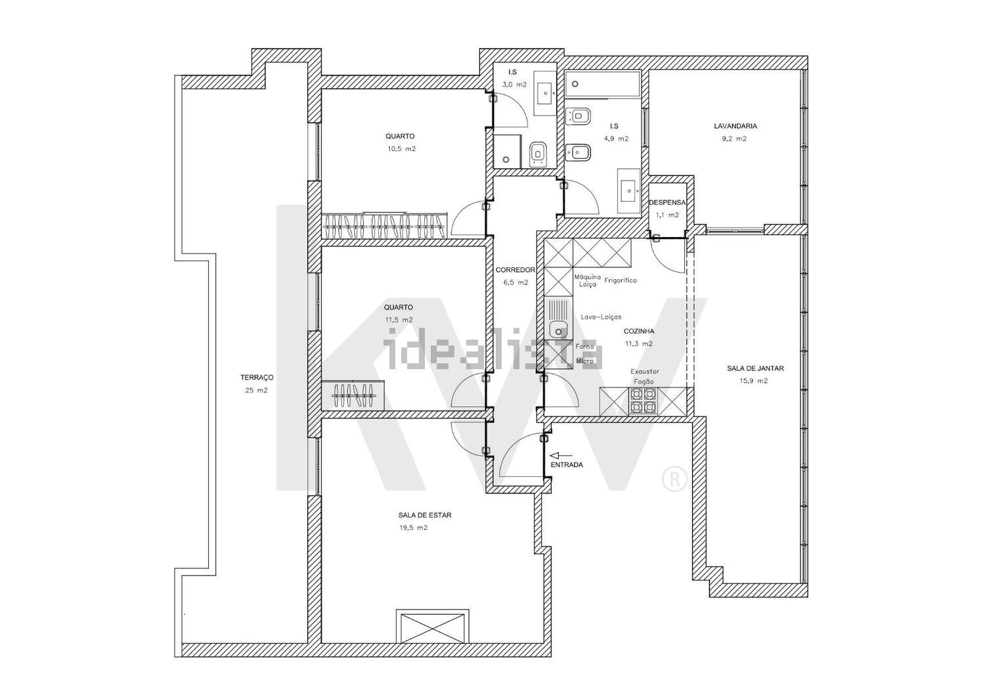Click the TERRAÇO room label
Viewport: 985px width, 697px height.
coord(257,378)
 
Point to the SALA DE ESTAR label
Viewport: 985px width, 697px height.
coord(425,515)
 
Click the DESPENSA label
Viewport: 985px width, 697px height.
coord(667,202)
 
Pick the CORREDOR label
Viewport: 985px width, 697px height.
coord(515,270)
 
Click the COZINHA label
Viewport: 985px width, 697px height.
coord(639,331)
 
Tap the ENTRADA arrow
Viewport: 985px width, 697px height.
coord(561,456)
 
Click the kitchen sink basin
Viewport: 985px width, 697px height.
coord(559,328)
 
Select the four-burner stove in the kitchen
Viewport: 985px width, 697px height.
coord(644,401)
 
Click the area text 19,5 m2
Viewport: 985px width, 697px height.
coord(413,528)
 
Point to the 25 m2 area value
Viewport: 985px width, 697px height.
coord(256,390)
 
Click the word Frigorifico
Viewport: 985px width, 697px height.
coord(621,281)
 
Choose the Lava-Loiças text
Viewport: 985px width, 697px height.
coord(601,317)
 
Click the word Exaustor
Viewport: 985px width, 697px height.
coord(645,371)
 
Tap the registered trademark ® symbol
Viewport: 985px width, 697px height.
coord(674,479)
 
